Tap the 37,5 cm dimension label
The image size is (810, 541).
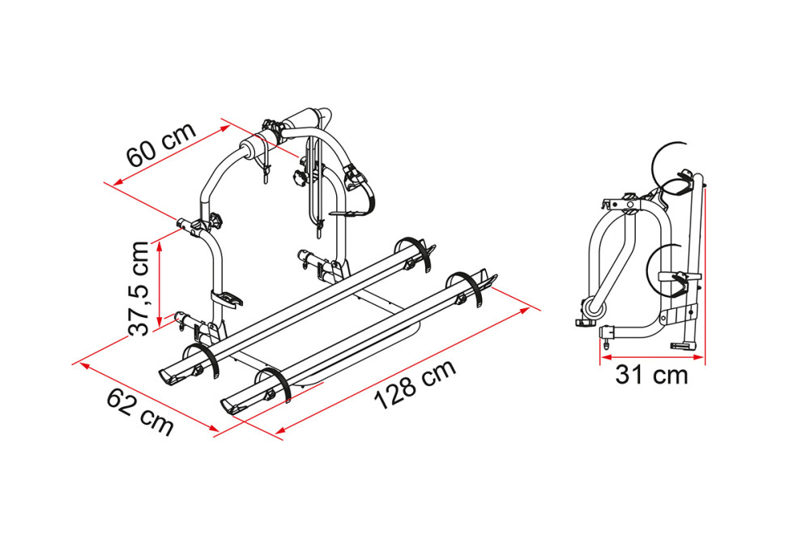pos(139,288)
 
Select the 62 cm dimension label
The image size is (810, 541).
pos(140,412)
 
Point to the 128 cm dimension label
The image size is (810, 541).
pos(415,384)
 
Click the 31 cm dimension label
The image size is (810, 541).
pos(651,376)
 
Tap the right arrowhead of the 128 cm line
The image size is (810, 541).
pos(524,310)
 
